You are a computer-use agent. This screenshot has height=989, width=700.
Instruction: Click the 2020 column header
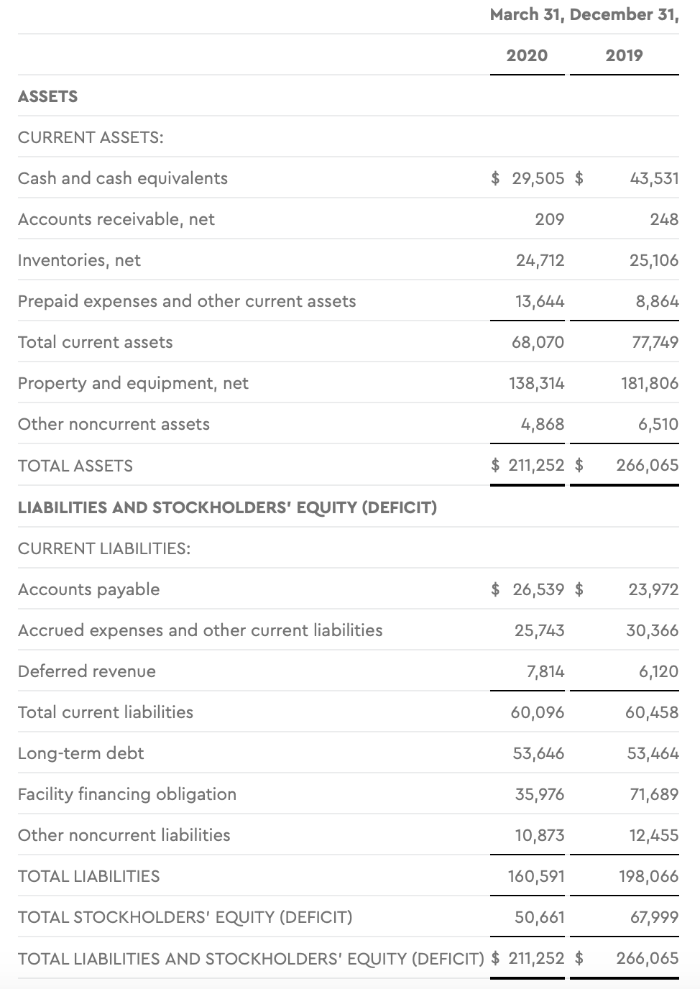coord(527,55)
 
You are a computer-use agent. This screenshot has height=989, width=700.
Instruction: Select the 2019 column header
coord(624,55)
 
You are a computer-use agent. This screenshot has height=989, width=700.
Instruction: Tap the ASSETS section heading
coord(47,96)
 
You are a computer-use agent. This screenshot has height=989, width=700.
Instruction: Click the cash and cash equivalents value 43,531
coord(654,178)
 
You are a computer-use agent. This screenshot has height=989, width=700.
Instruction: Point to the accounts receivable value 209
coord(549,219)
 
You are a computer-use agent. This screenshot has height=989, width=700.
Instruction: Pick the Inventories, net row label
coord(79,260)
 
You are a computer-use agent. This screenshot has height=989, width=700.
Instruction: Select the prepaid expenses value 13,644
coord(540,301)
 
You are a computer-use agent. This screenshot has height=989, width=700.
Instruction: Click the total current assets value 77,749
coord(655,342)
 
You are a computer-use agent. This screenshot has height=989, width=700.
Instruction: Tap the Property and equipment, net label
coord(133,383)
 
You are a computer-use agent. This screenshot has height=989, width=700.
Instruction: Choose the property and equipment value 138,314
coord(536,383)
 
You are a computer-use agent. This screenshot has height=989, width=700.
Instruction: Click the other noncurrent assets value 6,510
coord(658,424)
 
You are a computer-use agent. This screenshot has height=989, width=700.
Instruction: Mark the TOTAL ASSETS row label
coord(75,466)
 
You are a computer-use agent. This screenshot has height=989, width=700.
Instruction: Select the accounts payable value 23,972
coord(653,589)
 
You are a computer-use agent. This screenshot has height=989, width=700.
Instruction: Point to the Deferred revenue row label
coord(87,671)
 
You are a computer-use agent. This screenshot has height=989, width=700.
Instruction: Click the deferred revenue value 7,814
coord(545,671)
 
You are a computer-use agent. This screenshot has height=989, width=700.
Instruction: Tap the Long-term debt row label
coord(81,753)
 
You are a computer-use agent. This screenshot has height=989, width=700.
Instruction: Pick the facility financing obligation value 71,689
coord(653,794)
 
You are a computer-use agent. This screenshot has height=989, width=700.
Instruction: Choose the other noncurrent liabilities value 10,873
coord(540,835)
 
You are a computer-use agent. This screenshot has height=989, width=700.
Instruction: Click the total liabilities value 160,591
coord(536,876)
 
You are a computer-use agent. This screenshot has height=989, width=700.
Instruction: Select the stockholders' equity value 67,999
coord(654,917)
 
